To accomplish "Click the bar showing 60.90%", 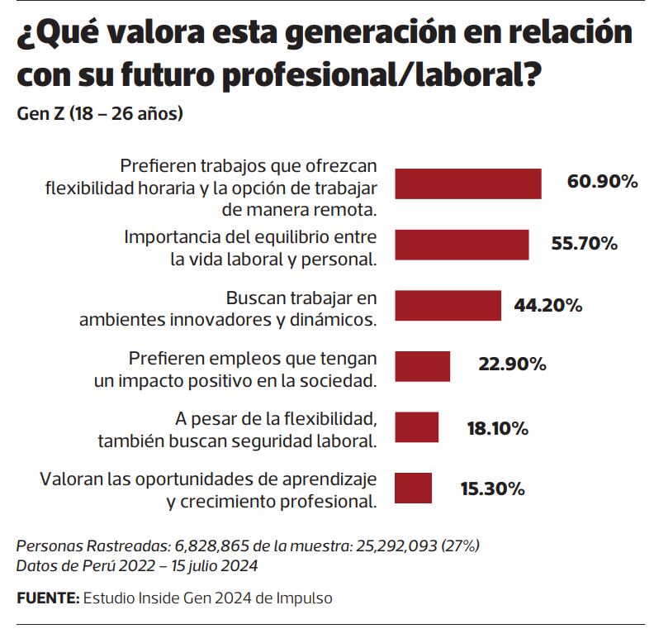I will pos(468,183).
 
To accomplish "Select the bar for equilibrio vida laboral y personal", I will pos(462,245).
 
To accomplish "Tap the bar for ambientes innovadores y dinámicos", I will pos(448,305).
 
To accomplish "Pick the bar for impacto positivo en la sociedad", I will pos(422,366).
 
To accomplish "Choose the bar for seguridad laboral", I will pos(416,427).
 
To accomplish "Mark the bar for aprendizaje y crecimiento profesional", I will pos(413,488).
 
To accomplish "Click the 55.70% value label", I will pos(584,244).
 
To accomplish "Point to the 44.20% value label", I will pos(548,305).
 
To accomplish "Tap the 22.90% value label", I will pos(512,365).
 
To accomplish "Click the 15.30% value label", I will pos(492,488).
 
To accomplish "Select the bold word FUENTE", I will pos(47,598).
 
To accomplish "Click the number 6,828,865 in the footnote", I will pos(208,547).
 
